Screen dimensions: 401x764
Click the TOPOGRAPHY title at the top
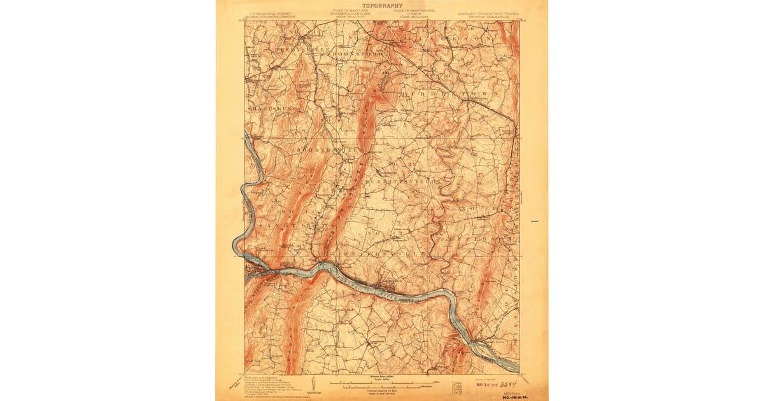pos(381,5)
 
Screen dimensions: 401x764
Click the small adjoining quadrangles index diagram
pos(458,386)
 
